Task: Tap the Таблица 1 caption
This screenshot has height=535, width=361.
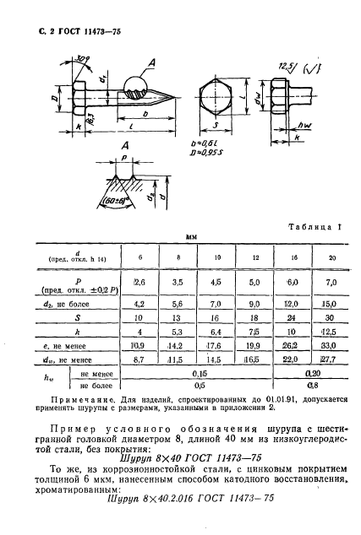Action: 314,226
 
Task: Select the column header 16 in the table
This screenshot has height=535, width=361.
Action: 293,256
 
